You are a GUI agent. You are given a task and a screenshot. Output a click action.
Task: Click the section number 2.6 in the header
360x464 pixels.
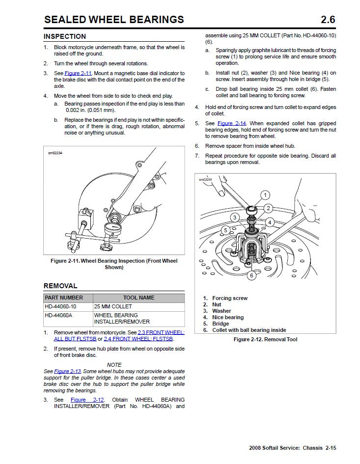click(328, 20)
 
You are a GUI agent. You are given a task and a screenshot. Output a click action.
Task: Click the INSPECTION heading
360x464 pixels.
click(64, 36)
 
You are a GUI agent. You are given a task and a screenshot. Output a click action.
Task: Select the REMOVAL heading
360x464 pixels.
click(60, 286)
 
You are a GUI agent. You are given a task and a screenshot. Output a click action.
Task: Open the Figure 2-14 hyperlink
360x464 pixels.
click(232, 123)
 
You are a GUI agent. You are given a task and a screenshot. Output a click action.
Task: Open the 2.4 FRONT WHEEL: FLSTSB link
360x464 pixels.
click(138, 339)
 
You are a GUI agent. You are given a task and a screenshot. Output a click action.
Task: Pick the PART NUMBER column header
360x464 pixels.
click(64, 298)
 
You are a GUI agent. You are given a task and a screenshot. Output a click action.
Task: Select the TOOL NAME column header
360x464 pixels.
click(138, 298)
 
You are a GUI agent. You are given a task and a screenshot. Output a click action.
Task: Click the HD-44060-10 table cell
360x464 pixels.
click(60, 307)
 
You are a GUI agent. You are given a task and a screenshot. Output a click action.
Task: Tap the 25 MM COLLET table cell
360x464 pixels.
click(113, 307)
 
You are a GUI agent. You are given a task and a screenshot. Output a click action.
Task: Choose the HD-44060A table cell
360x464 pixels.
click(58, 315)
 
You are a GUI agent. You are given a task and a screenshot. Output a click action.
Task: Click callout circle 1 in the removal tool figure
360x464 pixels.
click(265, 195)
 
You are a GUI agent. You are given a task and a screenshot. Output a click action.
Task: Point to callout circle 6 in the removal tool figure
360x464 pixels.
click(251, 275)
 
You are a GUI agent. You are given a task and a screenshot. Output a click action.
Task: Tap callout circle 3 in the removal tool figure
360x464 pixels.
click(235, 218)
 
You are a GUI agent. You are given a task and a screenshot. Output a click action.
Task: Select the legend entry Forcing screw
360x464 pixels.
click(229, 298)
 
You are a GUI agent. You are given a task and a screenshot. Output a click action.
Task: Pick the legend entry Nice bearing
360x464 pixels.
click(227, 317)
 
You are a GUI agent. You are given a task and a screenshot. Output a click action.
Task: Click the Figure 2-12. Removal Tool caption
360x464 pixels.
click(265, 339)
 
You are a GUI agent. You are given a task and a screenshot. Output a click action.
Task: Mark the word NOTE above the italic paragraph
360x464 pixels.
click(114, 364)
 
